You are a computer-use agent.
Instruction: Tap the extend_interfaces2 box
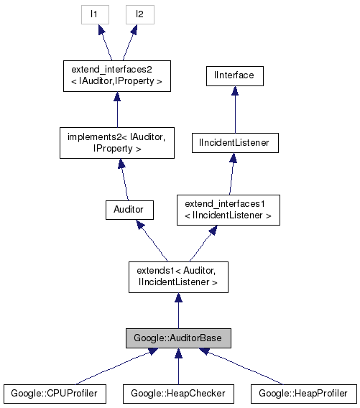[x=116, y=76]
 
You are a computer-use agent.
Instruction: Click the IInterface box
[x=234, y=75]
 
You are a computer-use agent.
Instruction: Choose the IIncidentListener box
[x=234, y=143]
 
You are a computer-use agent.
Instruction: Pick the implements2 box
[x=116, y=143]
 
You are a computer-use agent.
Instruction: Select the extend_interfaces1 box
[x=228, y=209]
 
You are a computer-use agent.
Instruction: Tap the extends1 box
[x=178, y=277]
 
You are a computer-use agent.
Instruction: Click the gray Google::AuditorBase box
[x=178, y=337]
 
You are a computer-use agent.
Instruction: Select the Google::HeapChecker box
[x=178, y=393]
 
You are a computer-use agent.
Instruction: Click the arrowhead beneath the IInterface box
[x=234, y=91]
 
